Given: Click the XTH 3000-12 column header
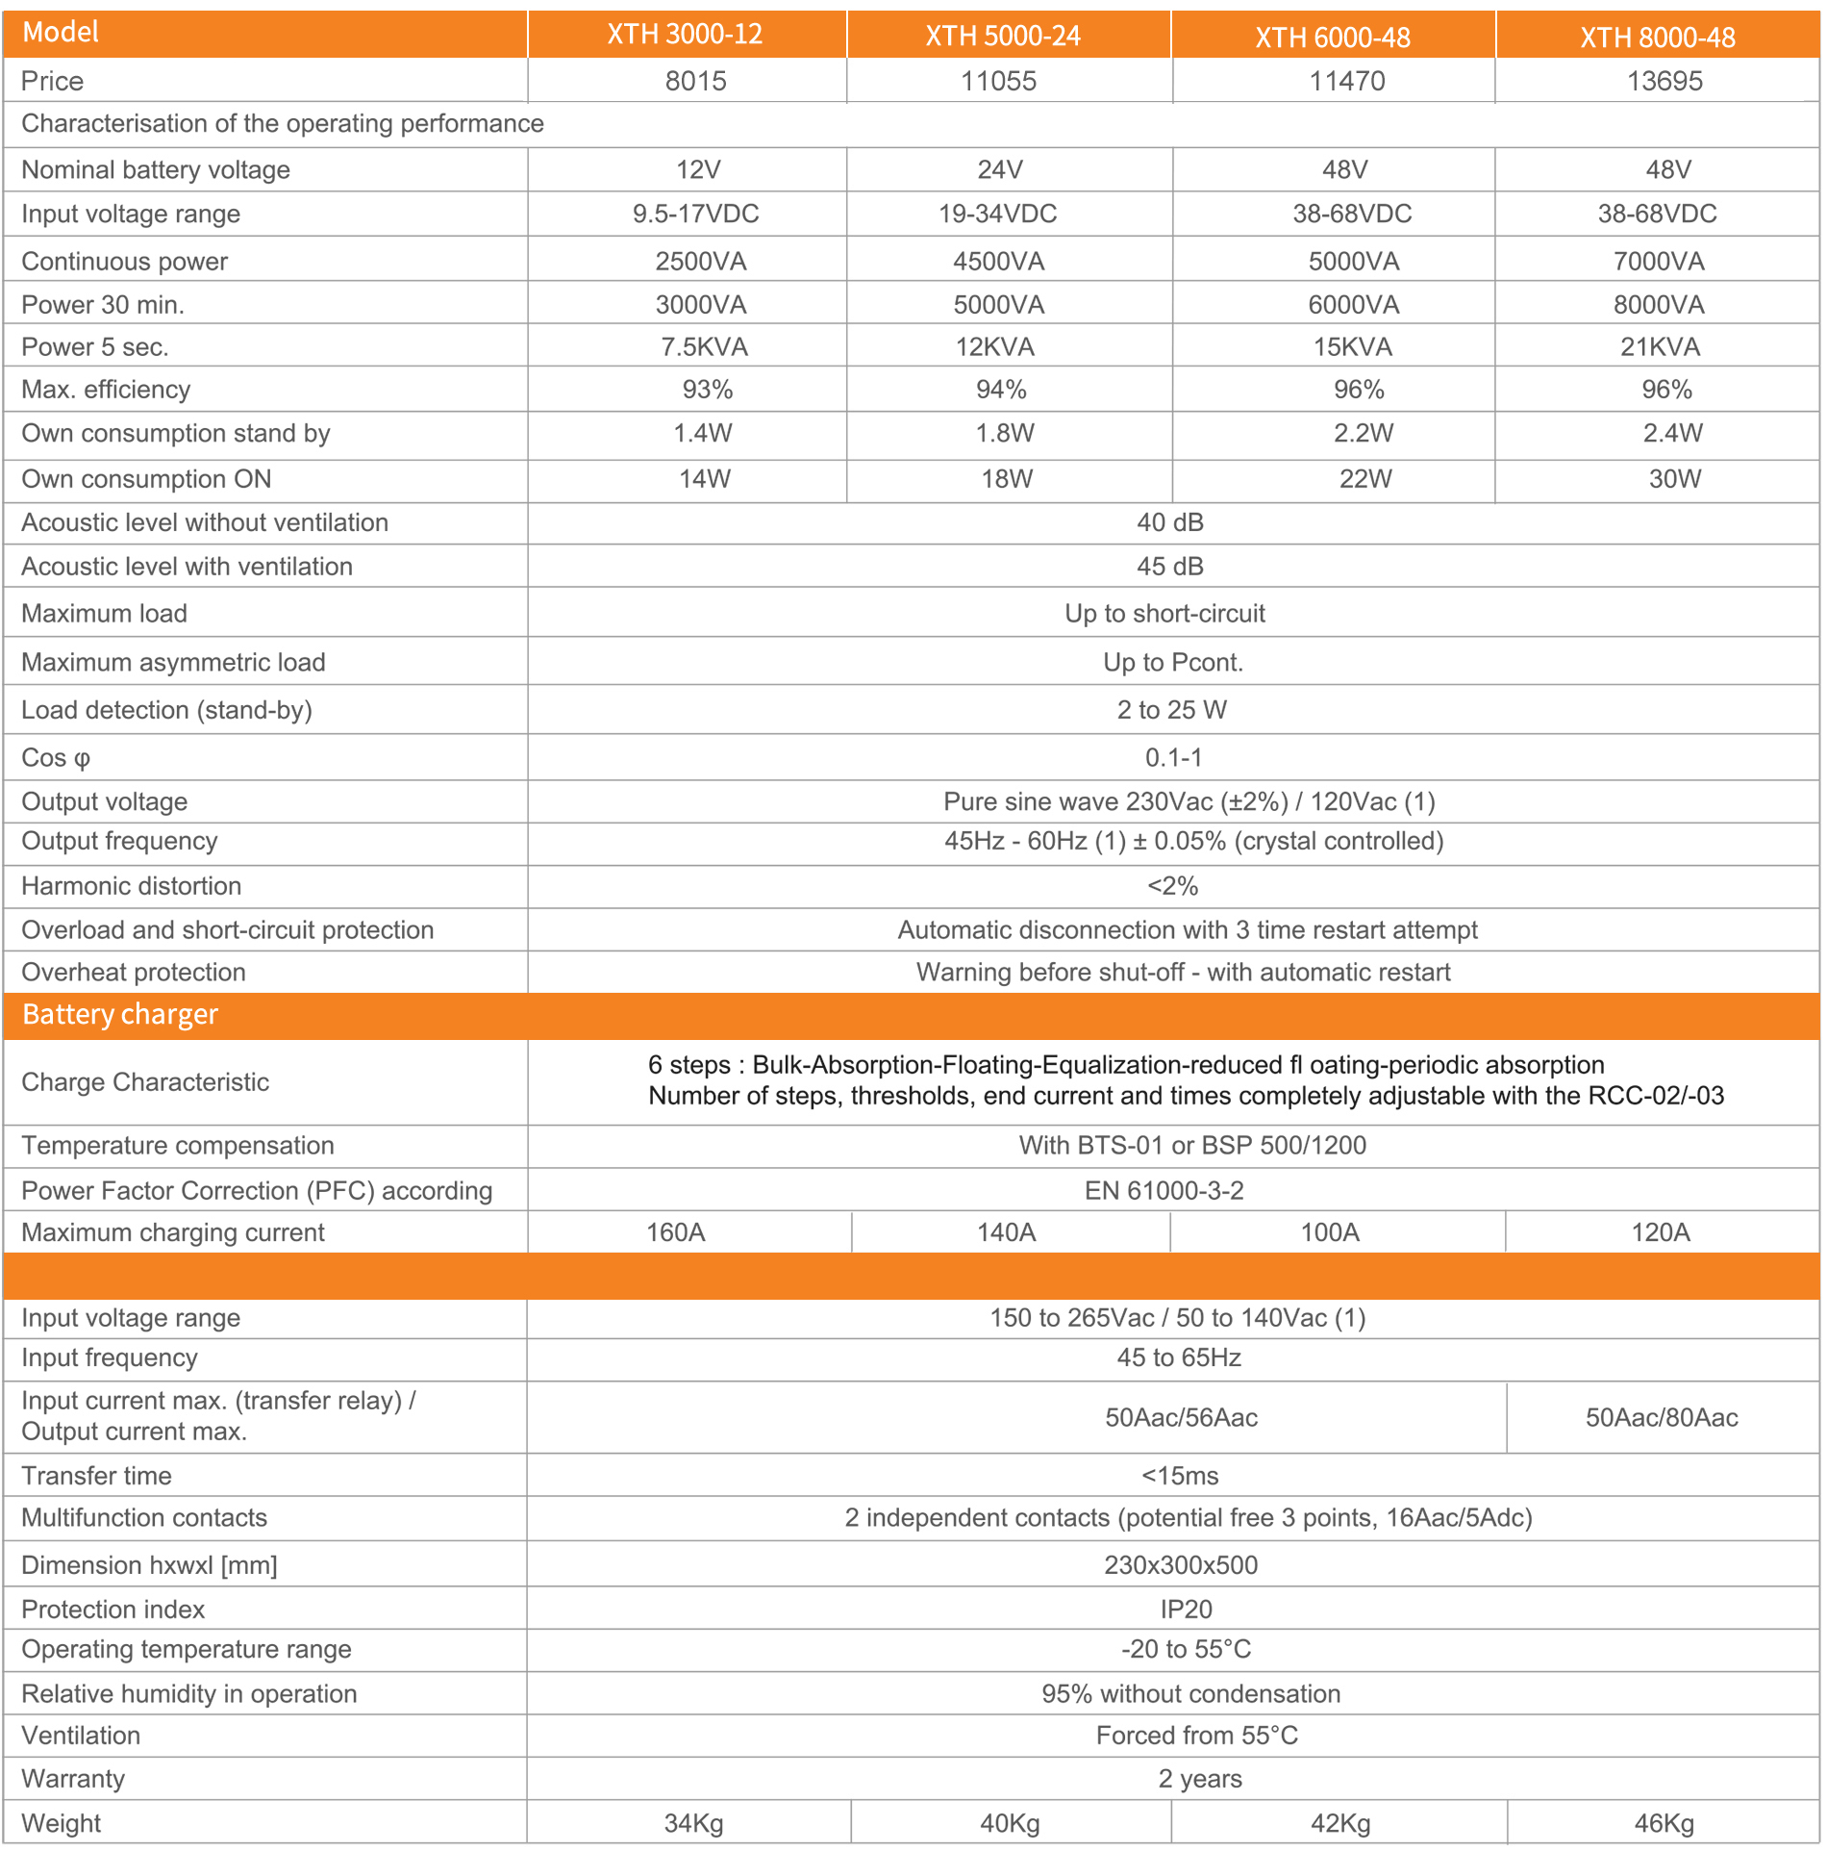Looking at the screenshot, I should (x=685, y=35).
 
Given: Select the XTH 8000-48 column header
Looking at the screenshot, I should (x=1657, y=38).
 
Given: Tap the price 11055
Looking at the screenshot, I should (x=998, y=81).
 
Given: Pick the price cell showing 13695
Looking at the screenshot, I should (x=1664, y=81).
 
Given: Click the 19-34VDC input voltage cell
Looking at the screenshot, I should (x=997, y=214).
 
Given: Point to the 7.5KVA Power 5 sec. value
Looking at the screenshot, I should (x=703, y=346).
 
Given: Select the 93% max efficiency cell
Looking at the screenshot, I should (x=707, y=390).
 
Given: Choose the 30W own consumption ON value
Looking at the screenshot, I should (x=1674, y=478).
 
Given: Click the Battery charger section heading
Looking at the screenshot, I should (x=120, y=1015).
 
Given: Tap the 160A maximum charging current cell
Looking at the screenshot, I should (x=675, y=1232).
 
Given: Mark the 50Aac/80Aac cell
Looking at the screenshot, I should (x=1661, y=1417).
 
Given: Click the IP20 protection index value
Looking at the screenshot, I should (x=1185, y=1610).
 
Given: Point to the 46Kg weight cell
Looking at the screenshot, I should (x=1664, y=1823).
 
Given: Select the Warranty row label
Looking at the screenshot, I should (x=73, y=1779).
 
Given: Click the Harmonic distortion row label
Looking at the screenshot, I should (x=131, y=886).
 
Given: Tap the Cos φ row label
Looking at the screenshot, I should (x=56, y=758).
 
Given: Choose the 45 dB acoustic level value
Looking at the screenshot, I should (x=1169, y=567).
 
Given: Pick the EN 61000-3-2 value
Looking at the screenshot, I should (x=1164, y=1191).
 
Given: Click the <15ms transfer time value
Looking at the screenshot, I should (x=1179, y=1476).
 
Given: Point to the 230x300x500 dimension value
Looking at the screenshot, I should (x=1180, y=1565).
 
